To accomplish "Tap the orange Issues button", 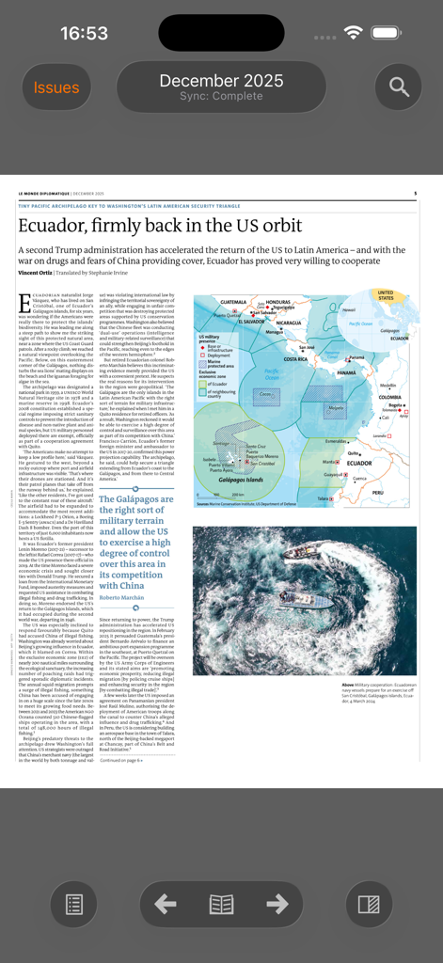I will coord(56,87).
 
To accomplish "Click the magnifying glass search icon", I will coord(399,87).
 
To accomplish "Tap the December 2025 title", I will coord(221,81).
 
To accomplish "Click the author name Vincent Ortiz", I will coord(36,272).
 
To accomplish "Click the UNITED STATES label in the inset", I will coord(386,295).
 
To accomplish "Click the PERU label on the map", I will coord(378,492).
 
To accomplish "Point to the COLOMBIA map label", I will coord(389,397).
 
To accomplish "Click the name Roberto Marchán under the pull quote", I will coord(123,597).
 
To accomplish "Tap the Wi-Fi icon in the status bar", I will coord(354,33).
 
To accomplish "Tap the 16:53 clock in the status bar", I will coord(84,33).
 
